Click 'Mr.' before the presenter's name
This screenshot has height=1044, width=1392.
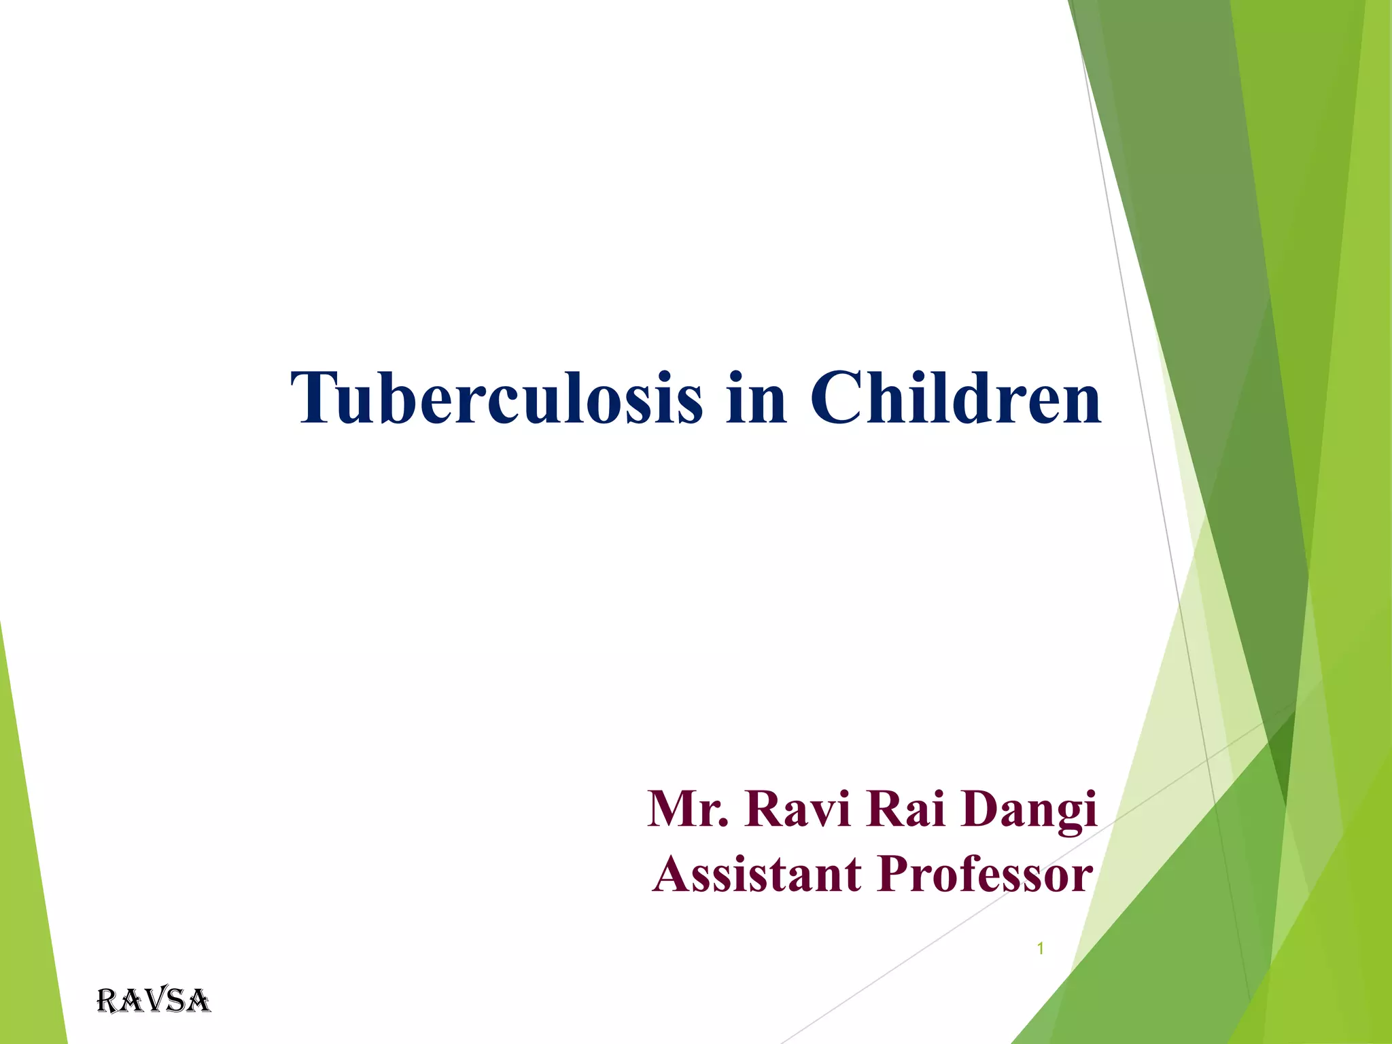tap(687, 809)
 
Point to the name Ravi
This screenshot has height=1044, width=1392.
tap(797, 809)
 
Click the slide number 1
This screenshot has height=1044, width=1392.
tap(1040, 949)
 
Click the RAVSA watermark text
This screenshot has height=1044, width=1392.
tap(154, 1001)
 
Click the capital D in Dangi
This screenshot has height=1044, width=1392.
tap(983, 809)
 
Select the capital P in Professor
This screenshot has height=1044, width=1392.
tap(896, 874)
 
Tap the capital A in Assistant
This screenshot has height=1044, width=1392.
tap(673, 874)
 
